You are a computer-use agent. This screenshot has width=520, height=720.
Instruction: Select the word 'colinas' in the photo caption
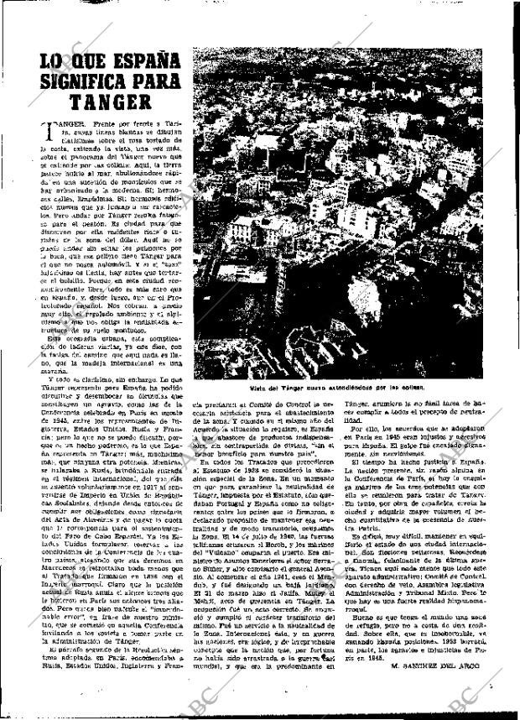(x=409, y=388)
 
